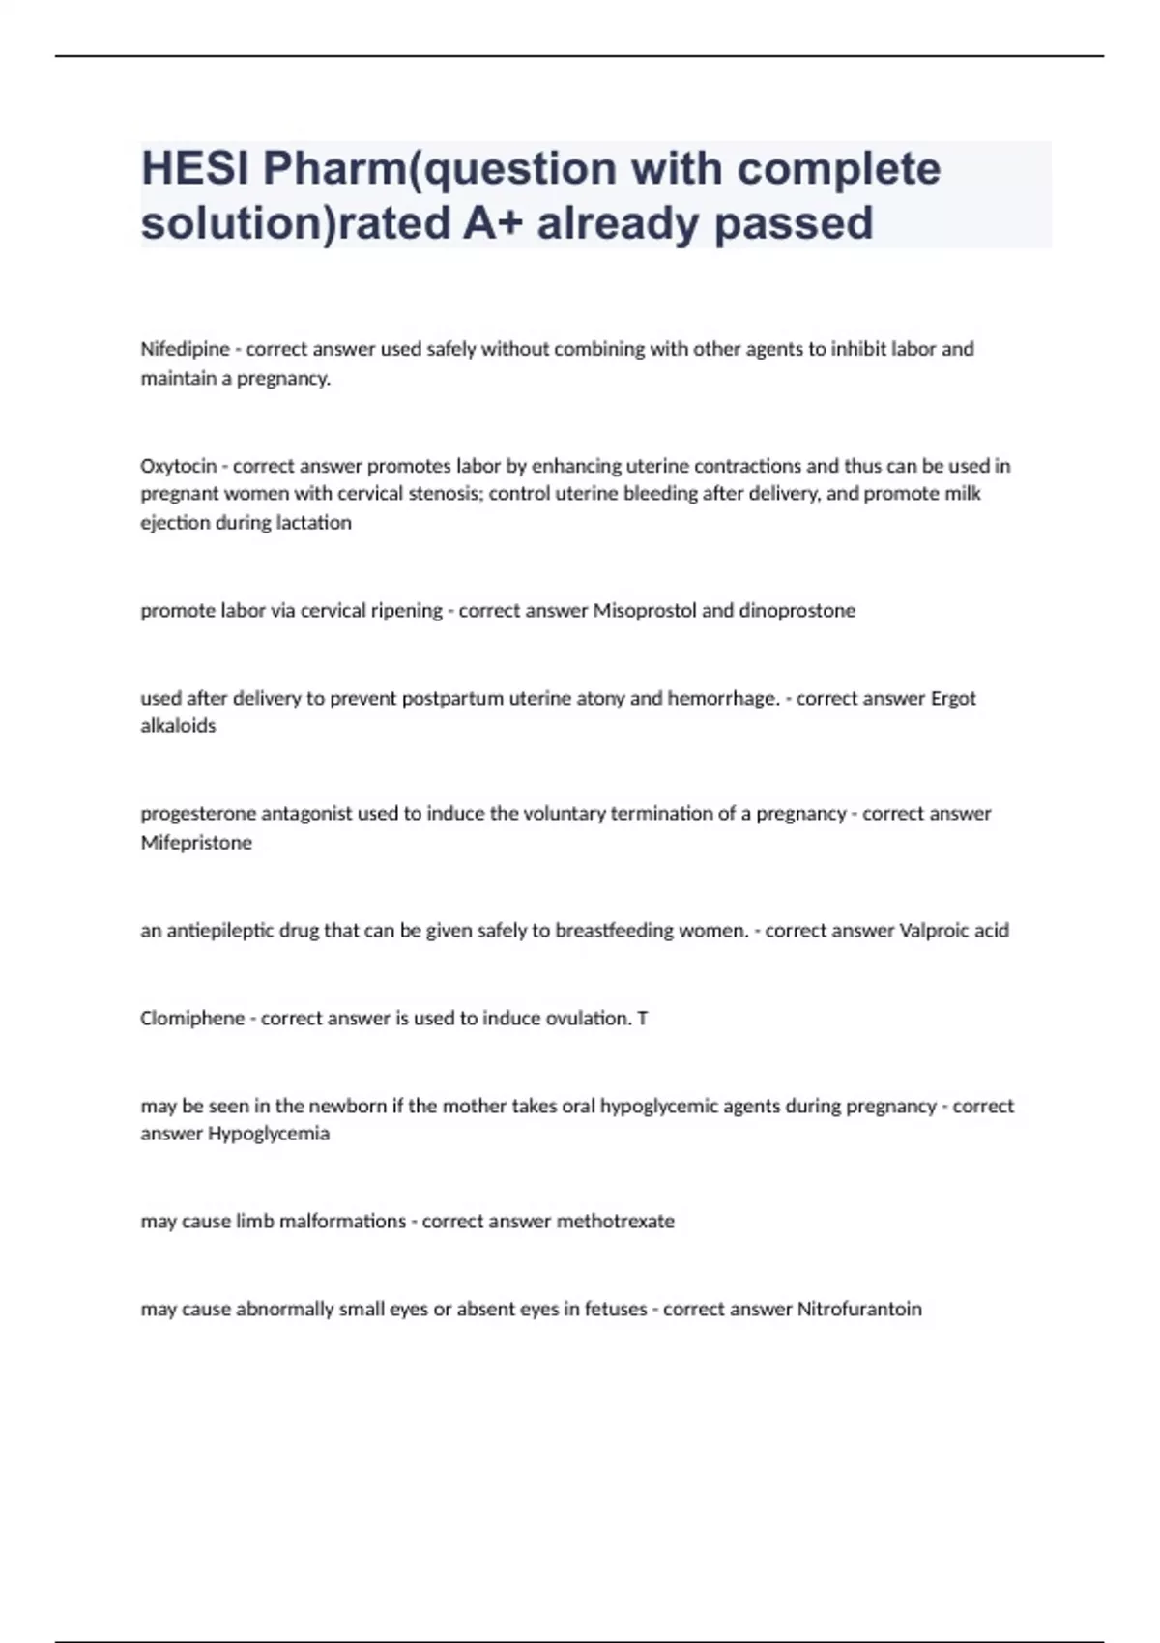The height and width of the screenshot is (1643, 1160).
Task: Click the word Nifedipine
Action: tap(185, 349)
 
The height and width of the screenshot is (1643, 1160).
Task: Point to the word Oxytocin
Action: tap(178, 466)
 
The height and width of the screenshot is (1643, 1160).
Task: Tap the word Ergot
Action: tap(952, 698)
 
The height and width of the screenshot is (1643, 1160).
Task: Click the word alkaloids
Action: tap(178, 726)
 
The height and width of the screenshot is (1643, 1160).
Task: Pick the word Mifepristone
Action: tap(196, 843)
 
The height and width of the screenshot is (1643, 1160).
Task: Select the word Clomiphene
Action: tap(192, 1019)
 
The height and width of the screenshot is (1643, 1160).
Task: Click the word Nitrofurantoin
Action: tap(858, 1310)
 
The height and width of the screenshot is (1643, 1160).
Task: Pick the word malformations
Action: tap(342, 1222)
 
